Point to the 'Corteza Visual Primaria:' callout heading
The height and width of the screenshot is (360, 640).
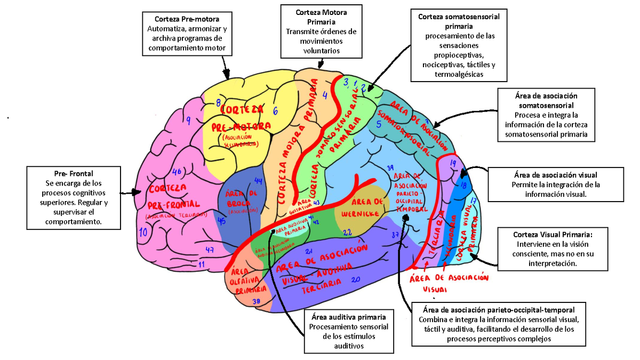click(x=553, y=234)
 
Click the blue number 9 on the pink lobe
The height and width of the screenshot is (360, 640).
click(x=188, y=122)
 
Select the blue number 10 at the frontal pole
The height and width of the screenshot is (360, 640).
click(x=143, y=232)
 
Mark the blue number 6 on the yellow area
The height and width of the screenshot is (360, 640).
click(x=275, y=111)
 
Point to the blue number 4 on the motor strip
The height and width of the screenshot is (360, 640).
click(x=325, y=95)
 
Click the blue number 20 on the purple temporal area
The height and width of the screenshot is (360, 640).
click(x=356, y=278)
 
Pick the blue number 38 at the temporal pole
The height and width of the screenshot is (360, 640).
click(x=256, y=301)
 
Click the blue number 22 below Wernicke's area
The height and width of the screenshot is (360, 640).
click(x=347, y=233)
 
